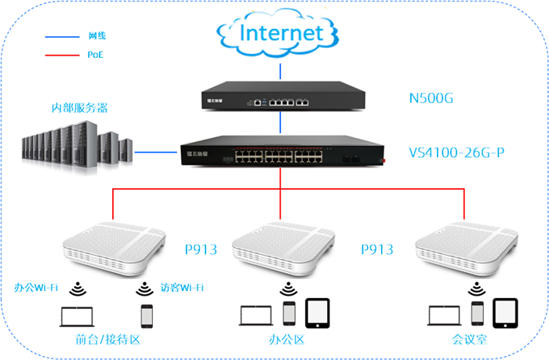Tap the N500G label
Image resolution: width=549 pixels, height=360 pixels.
point(431,100)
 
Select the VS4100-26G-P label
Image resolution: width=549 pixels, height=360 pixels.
point(456,151)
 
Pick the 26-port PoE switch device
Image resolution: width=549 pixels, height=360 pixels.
point(281,152)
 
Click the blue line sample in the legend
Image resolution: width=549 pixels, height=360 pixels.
point(60,36)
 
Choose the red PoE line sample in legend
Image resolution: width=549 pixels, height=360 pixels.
point(60,55)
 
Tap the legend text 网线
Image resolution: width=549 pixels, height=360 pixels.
point(96,36)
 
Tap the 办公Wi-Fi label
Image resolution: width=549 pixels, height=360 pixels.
point(36,287)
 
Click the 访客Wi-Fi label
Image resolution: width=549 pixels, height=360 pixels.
point(180,287)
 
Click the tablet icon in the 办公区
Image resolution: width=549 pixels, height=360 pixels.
point(318,312)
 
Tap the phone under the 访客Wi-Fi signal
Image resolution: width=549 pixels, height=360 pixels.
point(146,315)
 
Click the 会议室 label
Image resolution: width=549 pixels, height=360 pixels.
point(467,340)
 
